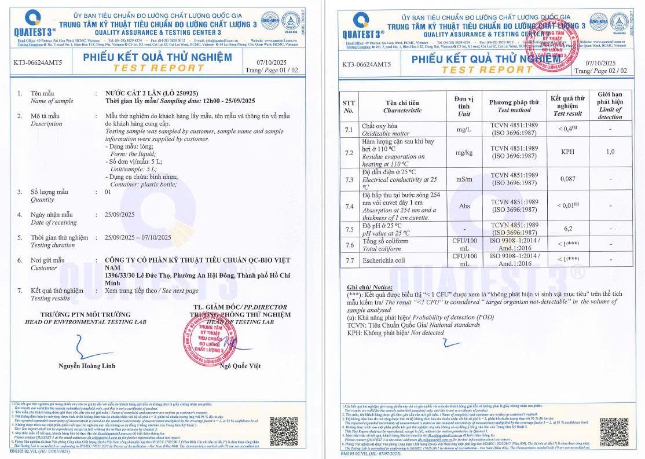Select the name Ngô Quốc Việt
pos(242,366)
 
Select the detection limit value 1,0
pos(610,152)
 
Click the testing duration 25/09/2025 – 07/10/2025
pos(138,237)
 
